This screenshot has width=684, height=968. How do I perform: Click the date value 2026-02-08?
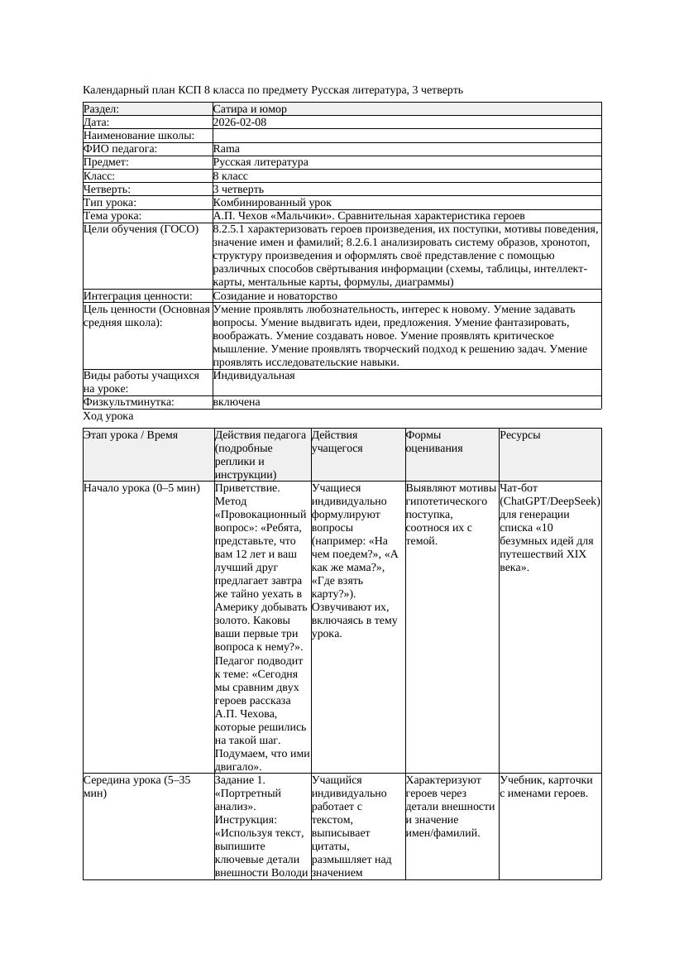click(x=240, y=122)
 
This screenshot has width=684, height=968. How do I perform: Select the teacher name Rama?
click(x=226, y=149)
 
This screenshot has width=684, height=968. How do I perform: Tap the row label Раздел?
click(x=102, y=108)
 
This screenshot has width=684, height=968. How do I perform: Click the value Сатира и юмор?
click(x=250, y=108)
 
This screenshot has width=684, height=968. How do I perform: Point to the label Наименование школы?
click(x=139, y=136)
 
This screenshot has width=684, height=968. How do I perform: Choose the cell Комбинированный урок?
click(x=272, y=202)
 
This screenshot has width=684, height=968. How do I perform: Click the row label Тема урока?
click(x=112, y=215)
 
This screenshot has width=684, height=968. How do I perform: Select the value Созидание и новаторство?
click(x=275, y=295)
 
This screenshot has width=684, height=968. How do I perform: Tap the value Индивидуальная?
click(x=254, y=376)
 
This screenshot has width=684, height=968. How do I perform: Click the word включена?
click(x=237, y=402)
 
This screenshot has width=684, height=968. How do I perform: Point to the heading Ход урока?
click(x=108, y=417)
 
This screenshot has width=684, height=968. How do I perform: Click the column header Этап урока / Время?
click(x=131, y=434)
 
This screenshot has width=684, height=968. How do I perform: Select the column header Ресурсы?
click(x=520, y=434)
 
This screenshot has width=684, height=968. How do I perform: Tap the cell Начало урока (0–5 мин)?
click(x=142, y=488)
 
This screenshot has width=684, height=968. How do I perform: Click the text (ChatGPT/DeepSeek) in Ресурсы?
click(x=550, y=501)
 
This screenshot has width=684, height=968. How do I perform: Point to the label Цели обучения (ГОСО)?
click(x=141, y=228)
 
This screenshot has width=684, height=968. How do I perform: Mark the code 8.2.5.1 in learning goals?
click(x=234, y=228)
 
